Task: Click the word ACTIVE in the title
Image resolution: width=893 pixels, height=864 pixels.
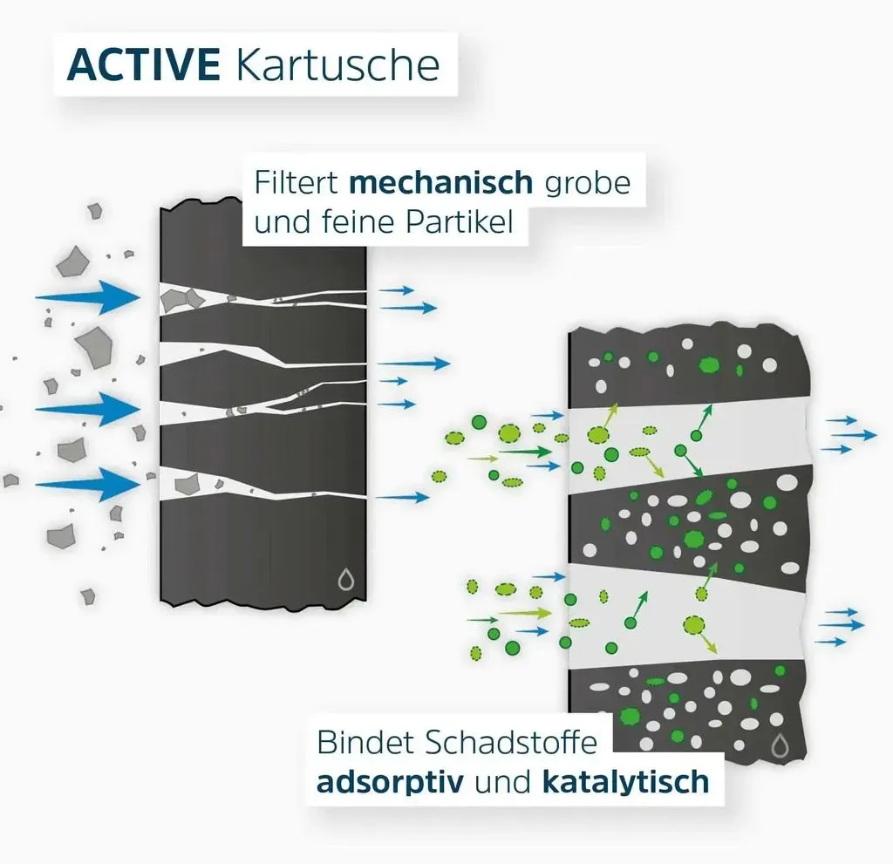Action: [144, 65]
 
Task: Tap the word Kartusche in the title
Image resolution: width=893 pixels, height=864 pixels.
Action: [337, 65]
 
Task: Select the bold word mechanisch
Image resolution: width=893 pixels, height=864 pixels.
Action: [440, 182]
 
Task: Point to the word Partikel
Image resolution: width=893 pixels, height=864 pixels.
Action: [459, 221]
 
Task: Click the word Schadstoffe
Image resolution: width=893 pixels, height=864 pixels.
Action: [511, 742]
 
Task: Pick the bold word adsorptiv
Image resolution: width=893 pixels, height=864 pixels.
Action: [390, 782]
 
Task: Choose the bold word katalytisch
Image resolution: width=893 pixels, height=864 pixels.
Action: [626, 781]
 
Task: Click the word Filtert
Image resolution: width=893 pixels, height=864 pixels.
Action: [297, 182]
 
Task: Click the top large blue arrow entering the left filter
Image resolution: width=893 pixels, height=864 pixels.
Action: [88, 296]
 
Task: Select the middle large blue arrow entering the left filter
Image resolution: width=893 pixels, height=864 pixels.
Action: [88, 409]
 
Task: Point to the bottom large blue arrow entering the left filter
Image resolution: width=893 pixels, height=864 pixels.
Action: [88, 485]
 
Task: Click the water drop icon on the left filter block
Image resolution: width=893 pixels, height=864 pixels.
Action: [345, 579]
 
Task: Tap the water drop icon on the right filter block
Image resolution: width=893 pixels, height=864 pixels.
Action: [780, 745]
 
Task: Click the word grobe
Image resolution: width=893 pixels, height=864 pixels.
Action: [588, 183]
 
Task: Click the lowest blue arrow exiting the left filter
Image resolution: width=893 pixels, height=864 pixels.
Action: [403, 497]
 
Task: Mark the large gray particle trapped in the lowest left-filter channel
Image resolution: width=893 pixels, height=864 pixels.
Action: [187, 484]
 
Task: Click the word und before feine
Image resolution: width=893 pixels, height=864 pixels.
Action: [282, 221]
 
